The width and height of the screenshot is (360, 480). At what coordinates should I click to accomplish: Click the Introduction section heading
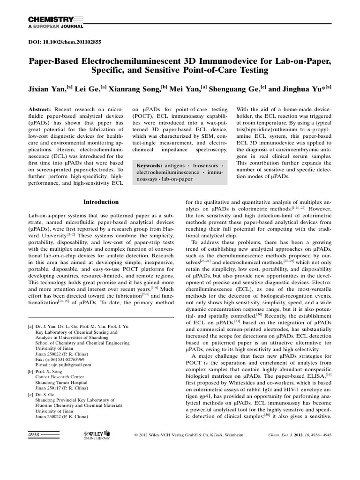pyautogui.click(x=101, y=202)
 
